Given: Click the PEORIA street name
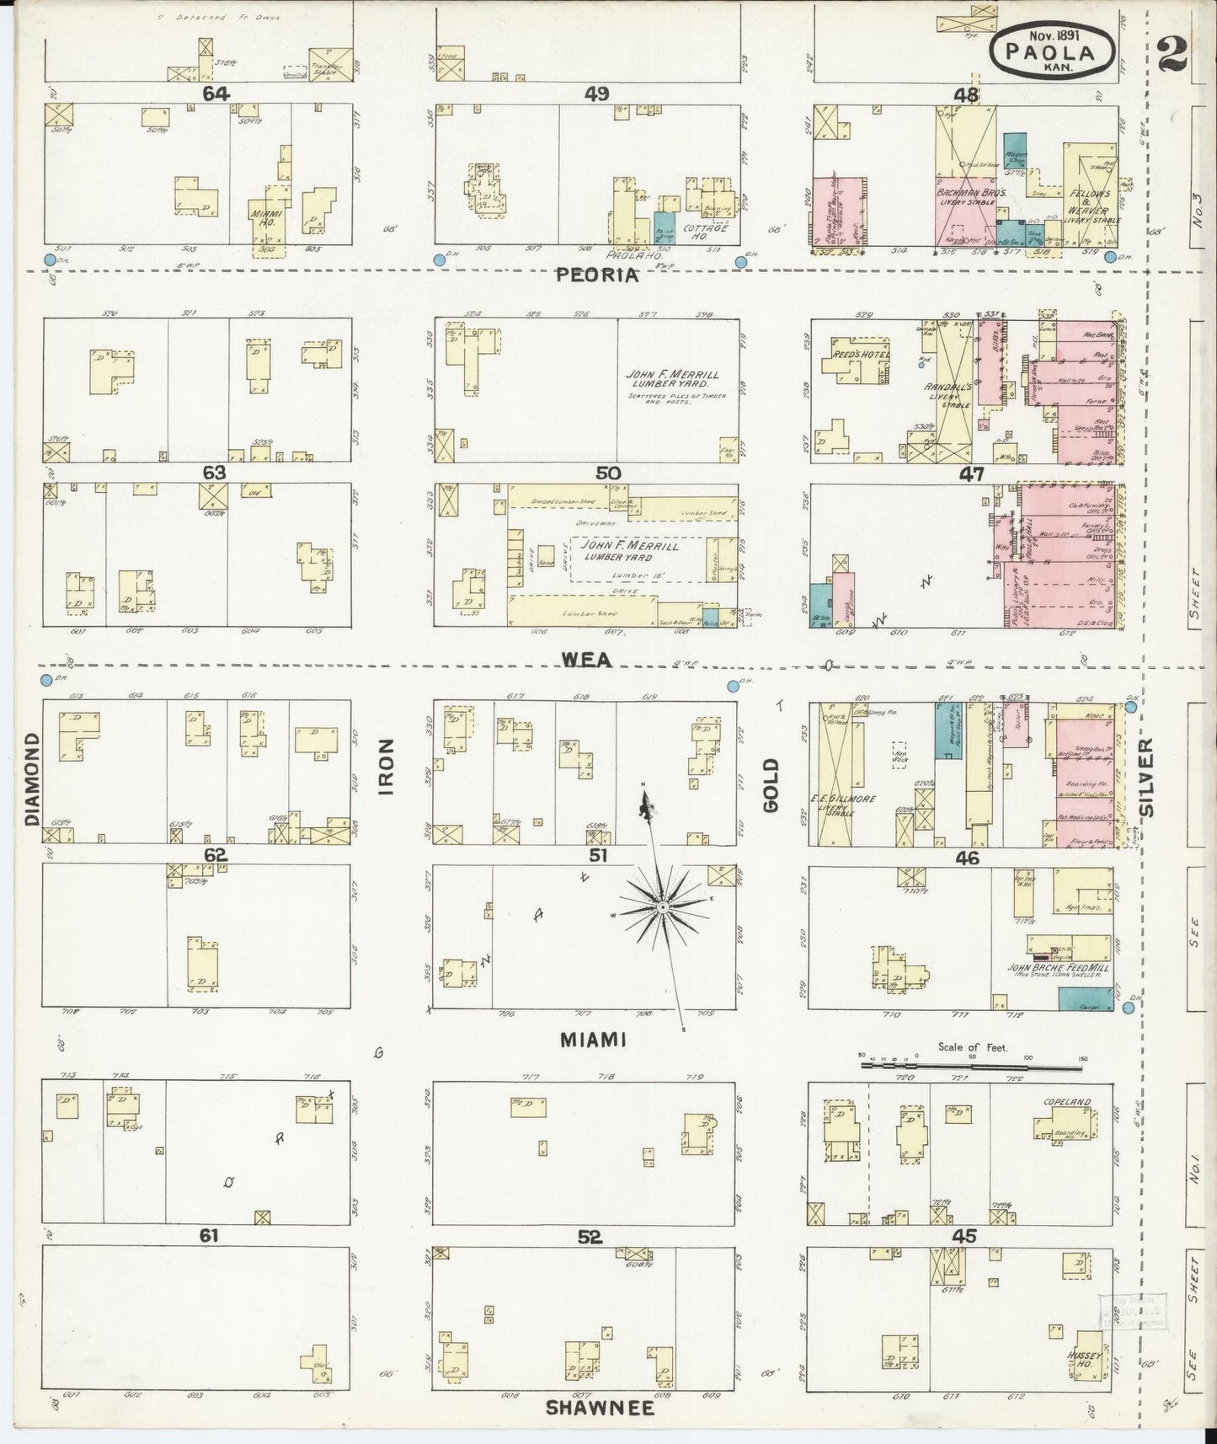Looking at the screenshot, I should (597, 275).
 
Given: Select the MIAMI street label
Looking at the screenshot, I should (594, 1040).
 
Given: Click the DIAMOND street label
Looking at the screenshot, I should (32, 778).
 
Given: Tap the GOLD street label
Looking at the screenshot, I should (771, 785).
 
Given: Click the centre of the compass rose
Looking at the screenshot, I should (662, 907).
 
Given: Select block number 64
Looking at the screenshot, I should (216, 94).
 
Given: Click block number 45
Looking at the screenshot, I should (964, 1236).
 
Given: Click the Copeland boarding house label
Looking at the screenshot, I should (1067, 1103).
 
